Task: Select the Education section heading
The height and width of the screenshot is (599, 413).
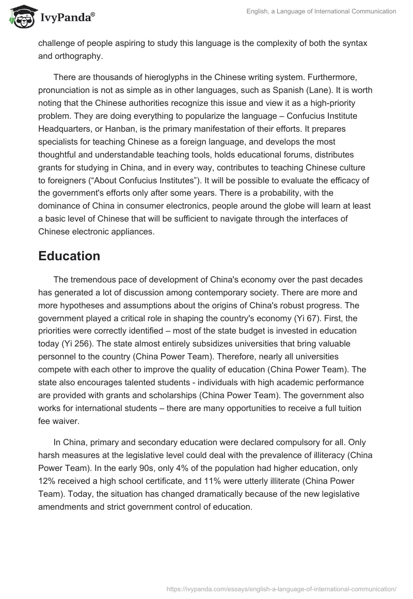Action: pyautogui.click(x=69, y=256)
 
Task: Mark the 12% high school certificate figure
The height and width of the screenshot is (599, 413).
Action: pyautogui.click(x=47, y=481)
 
